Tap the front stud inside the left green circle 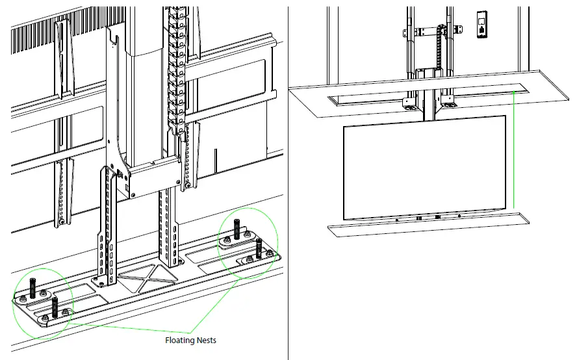click(x=55, y=306)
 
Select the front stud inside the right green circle click(x=259, y=248)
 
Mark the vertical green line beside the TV click(x=513, y=149)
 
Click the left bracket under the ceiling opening click(x=411, y=103)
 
